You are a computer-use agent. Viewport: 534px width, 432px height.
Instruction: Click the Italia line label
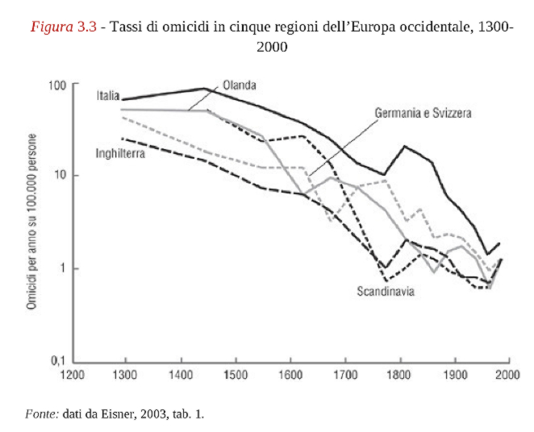pyautogui.click(x=108, y=95)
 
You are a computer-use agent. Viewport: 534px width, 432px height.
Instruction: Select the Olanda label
pyautogui.click(x=239, y=85)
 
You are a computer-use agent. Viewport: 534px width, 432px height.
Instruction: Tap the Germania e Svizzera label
pyautogui.click(x=423, y=113)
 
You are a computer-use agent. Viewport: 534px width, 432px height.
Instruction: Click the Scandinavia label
pyautogui.click(x=386, y=291)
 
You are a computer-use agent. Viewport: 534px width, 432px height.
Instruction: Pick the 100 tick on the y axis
pyautogui.click(x=56, y=84)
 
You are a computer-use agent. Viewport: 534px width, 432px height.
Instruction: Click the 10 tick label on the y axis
pyautogui.click(x=60, y=176)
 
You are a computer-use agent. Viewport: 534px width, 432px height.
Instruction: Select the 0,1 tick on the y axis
pyautogui.click(x=59, y=361)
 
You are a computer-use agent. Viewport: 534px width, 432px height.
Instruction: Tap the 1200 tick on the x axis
pyautogui.click(x=73, y=376)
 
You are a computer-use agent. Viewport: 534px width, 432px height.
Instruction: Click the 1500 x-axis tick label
pyautogui.click(x=236, y=376)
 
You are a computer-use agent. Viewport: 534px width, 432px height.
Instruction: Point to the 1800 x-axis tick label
pyautogui.click(x=400, y=376)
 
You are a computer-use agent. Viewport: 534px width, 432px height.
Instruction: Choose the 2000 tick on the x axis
pyautogui.click(x=508, y=376)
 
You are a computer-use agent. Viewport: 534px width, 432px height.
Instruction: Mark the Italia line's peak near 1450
pyautogui.click(x=205, y=89)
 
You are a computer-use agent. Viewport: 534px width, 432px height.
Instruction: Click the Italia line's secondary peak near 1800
pyautogui.click(x=405, y=147)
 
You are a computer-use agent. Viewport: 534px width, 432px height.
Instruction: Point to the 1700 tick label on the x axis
pyautogui.click(x=345, y=376)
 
